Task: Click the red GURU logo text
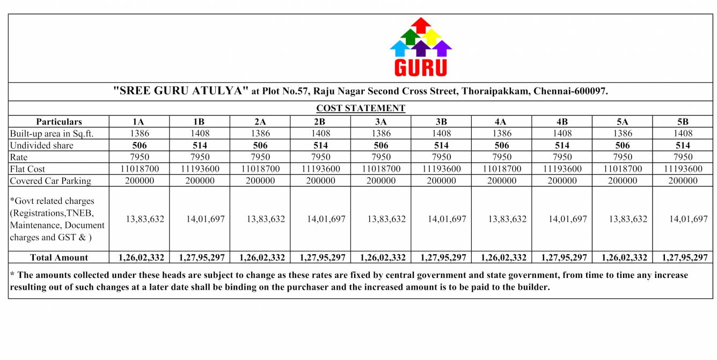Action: pyautogui.click(x=421, y=68)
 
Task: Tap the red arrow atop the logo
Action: pyautogui.click(x=421, y=24)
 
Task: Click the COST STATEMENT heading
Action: pyautogui.click(x=361, y=108)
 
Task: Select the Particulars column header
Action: pyautogui.click(x=59, y=122)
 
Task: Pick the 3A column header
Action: pyautogui.click(x=381, y=122)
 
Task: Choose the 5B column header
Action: pyautogui.click(x=683, y=122)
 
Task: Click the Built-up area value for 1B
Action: pyautogui.click(x=200, y=134)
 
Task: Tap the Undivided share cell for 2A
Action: pyautogui.click(x=260, y=145)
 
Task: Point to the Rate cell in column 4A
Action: pyautogui.click(x=502, y=157)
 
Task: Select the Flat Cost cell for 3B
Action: pyautogui.click(x=441, y=169)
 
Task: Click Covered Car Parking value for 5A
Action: pyautogui.click(x=623, y=181)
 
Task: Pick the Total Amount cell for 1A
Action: pyautogui.click(x=141, y=258)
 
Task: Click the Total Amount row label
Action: pyautogui.click(x=59, y=258)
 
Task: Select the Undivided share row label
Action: pyautogui.click(x=42, y=145)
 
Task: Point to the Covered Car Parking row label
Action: pyautogui.click(x=50, y=181)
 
